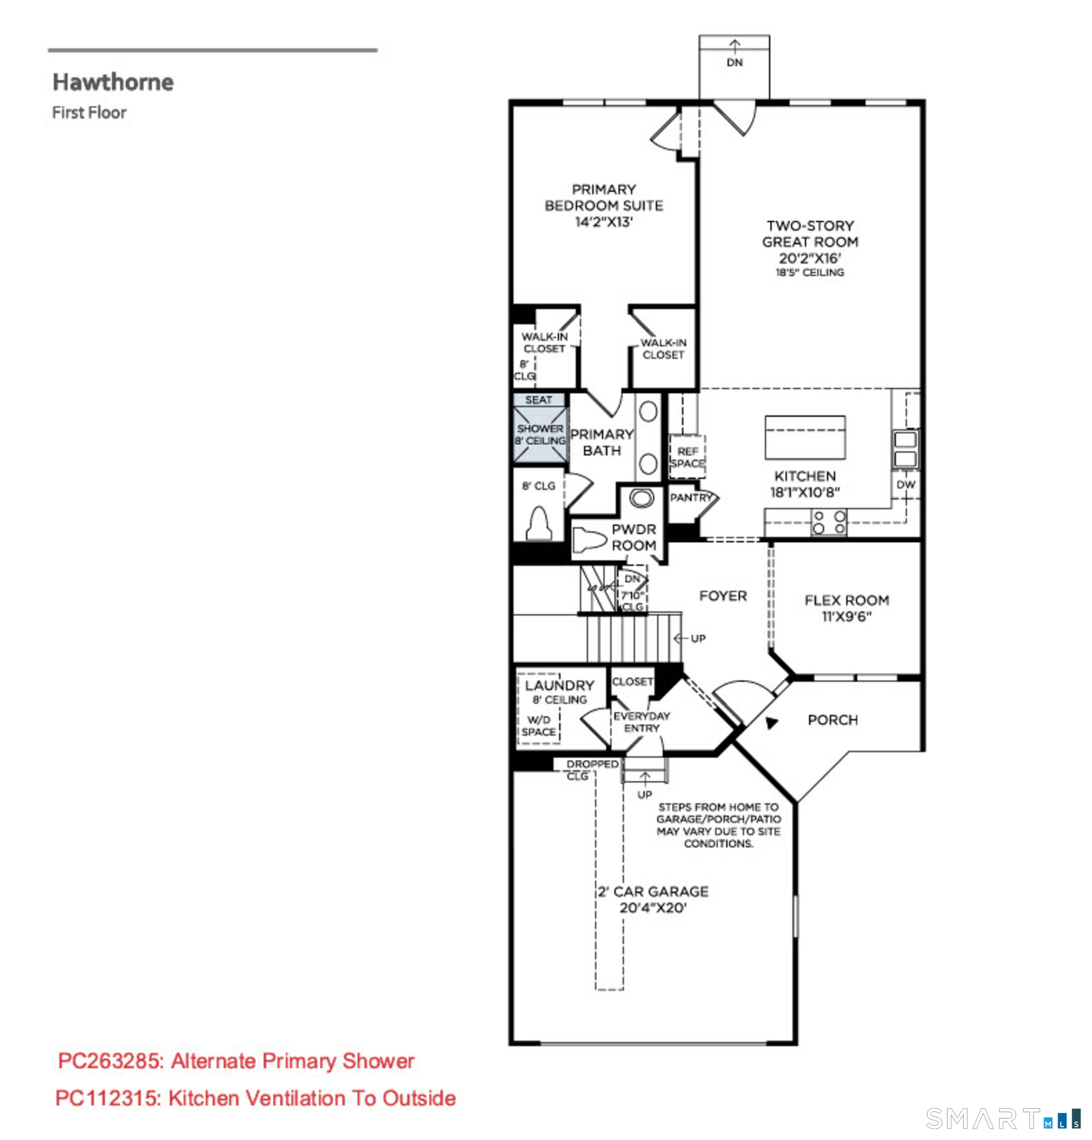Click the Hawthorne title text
113,82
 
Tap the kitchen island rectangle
804,438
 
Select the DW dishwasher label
905,484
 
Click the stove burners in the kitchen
829,522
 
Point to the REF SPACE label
687,457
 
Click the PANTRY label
691,497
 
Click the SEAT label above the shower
538,400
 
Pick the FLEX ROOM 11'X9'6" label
846,608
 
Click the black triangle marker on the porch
771,723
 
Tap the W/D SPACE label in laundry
538,725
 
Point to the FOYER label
723,596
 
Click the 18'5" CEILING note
809,272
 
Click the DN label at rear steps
734,62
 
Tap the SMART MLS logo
1003,1117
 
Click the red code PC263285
110,1061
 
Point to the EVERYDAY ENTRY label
642,722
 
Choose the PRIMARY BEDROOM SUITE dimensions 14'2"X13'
603,222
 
